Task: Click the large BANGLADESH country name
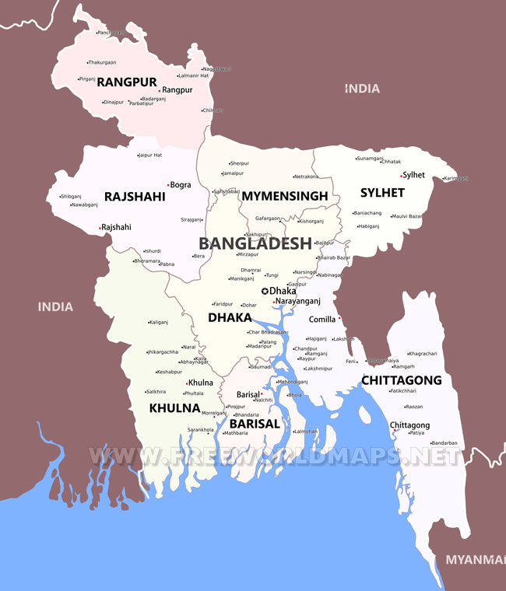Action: [x=255, y=243]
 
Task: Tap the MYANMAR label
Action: [x=475, y=560]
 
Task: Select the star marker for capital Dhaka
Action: [x=265, y=291]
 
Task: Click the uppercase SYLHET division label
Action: [x=382, y=192]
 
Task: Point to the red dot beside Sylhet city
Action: [x=402, y=176]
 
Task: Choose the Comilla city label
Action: [x=322, y=319]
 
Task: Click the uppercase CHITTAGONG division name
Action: [x=401, y=380]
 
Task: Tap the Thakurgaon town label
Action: [x=102, y=62]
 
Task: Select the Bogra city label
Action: [x=181, y=185]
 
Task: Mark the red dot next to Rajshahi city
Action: [x=100, y=228]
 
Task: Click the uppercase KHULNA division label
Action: [x=174, y=407]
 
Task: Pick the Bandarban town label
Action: [x=445, y=443]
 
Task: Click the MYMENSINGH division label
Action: [x=284, y=196]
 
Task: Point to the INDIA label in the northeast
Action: [x=363, y=89]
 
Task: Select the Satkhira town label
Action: [x=156, y=391]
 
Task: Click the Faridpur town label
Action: [x=223, y=304]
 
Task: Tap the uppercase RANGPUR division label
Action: [x=127, y=81]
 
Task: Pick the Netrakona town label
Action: [x=307, y=177]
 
